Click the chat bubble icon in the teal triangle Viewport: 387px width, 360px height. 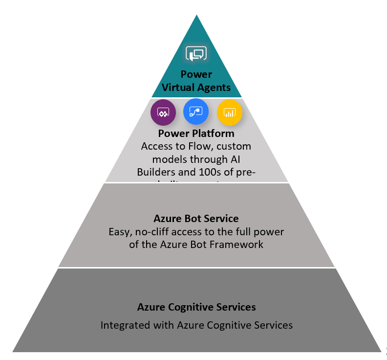[196, 53]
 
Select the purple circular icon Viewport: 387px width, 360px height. [163, 112]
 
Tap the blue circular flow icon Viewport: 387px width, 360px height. [196, 112]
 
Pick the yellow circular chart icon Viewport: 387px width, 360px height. [229, 112]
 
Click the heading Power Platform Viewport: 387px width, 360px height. [196, 134]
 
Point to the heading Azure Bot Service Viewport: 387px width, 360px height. [196, 219]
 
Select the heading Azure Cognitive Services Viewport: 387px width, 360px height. [196, 307]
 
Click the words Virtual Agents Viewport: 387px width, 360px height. [196, 88]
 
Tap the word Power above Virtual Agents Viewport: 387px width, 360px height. [196, 74]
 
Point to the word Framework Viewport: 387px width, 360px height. [239, 244]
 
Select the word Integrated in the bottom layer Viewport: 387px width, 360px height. [124, 325]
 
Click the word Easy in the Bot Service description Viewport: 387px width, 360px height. [119, 231]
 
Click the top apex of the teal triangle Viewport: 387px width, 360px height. [196, 16]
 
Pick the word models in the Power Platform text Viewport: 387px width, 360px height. [168, 159]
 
